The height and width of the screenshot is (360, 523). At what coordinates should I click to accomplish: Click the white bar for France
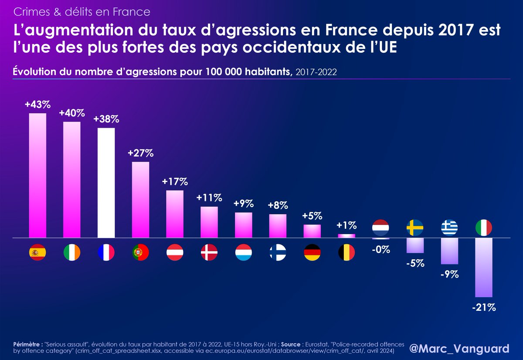106,183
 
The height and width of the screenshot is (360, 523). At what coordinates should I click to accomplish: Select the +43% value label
37,105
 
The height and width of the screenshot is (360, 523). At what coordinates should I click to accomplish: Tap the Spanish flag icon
37,252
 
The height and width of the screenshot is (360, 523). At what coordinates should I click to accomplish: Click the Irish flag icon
72,252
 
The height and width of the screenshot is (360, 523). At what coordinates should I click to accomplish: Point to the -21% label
484,307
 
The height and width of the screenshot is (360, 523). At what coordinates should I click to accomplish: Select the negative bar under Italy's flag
484,268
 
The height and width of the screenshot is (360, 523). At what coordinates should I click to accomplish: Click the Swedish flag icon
415,228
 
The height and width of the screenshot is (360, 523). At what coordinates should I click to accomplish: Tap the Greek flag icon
449,228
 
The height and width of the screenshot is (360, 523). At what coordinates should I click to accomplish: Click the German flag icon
312,252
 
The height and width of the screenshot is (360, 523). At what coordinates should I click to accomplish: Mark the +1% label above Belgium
346,226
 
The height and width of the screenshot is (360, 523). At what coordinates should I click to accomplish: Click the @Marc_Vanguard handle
459,349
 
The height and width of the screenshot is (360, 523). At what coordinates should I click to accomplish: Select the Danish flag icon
209,252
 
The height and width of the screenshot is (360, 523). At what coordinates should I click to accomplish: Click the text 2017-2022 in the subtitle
316,72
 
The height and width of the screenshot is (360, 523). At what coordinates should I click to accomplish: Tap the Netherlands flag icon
380,228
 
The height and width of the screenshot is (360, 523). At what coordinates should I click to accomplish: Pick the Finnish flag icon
278,252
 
